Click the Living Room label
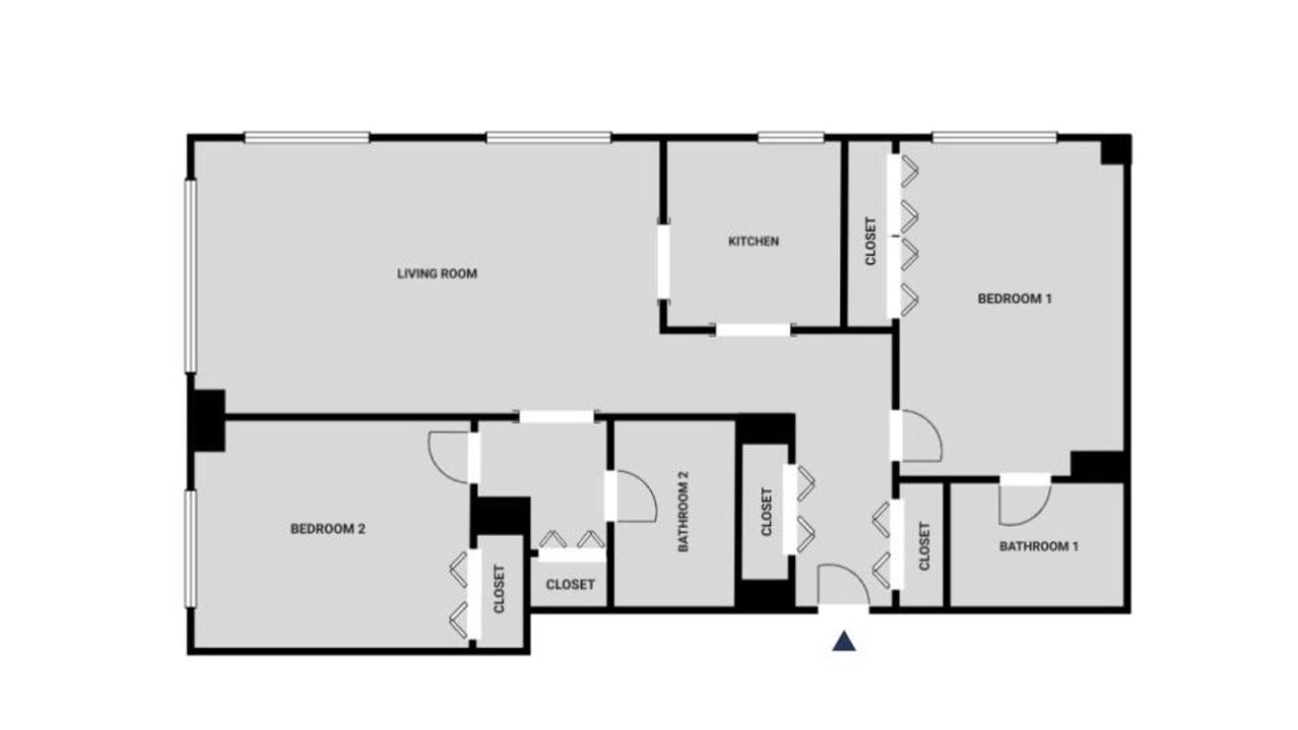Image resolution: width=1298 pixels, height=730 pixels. pos(436,274)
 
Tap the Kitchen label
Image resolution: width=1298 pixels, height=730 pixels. pos(753,242)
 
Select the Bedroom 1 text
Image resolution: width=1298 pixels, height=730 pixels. pos(1014,299)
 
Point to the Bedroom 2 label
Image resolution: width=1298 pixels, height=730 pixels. pos(328,529)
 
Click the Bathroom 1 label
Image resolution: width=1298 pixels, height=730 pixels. pos(1038,546)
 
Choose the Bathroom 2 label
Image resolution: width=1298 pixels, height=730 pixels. pos(683,512)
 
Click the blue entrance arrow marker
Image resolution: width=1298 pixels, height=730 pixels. pos(844,641)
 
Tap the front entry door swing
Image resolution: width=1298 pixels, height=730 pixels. pos(840,585)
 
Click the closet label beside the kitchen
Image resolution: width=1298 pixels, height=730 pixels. pos(870,242)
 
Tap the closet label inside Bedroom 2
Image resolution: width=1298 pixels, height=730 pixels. pos(500,588)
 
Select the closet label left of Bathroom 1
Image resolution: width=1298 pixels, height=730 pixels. pos(923,546)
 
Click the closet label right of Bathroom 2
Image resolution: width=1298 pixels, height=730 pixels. pos(766,512)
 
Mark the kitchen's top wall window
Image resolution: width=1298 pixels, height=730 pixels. pos(790,137)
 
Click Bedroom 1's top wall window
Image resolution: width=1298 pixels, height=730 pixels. pos(994,137)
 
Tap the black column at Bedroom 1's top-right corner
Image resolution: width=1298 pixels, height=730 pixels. pos(1115,149)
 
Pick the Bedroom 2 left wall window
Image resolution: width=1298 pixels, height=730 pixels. pos(190,548)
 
